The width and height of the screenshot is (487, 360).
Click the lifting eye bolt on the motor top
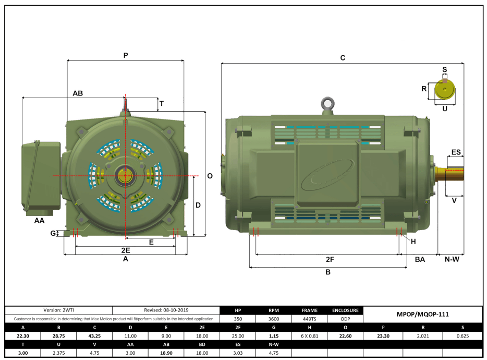pos(327,104)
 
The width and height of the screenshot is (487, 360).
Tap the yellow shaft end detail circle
pos(444,90)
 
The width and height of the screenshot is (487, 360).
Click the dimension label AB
pos(78,93)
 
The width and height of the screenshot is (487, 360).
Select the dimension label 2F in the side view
pos(330,259)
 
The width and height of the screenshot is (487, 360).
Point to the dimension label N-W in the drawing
pos(451,259)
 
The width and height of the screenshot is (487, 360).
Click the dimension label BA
pos(420,259)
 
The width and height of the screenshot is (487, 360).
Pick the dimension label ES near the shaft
pos(456,152)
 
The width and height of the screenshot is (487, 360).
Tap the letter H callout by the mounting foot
pos(413,241)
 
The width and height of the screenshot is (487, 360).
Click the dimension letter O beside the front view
pos(210,176)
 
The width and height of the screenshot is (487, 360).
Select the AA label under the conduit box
pos(39,221)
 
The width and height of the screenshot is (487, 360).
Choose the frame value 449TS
pos(309,318)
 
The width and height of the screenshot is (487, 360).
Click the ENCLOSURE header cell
pos(345,310)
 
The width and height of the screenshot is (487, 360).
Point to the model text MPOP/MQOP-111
pos(422,314)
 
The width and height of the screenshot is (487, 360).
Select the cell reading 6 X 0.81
pos(309,336)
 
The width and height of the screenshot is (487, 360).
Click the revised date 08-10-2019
pos(166,310)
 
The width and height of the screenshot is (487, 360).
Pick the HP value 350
pos(238,318)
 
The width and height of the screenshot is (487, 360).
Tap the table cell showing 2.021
pos(422,336)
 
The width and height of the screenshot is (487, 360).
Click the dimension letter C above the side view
pos(343,58)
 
